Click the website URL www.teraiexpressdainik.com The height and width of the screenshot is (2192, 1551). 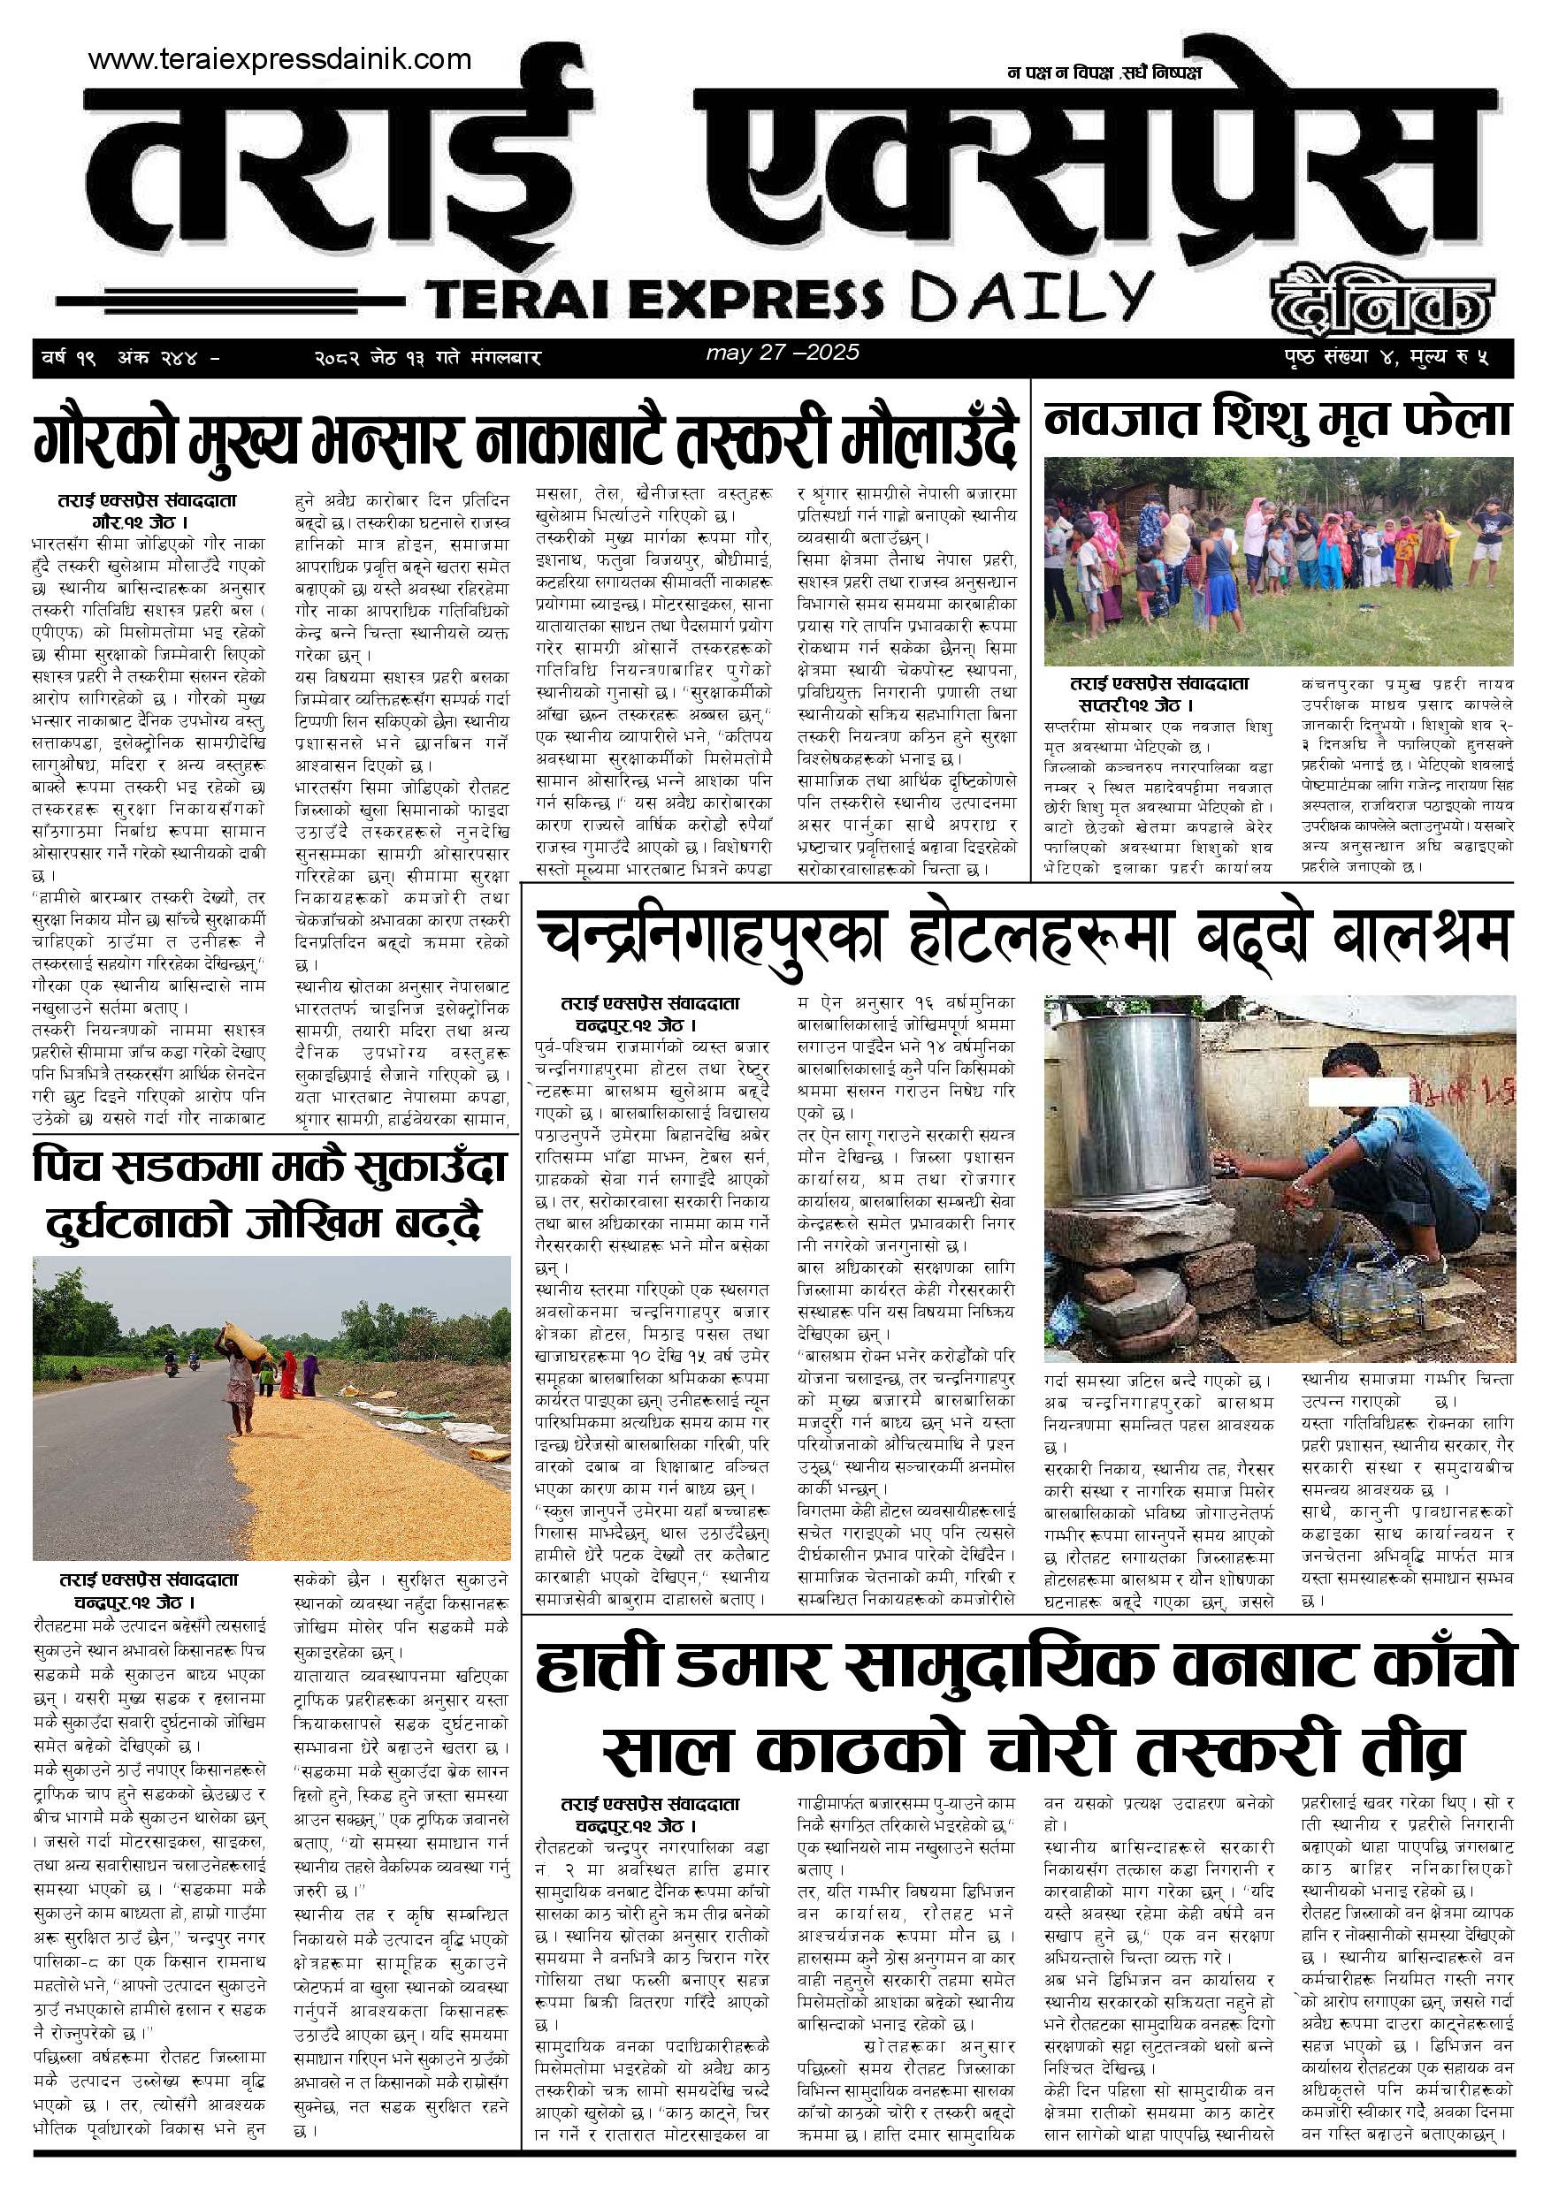[x=279, y=59]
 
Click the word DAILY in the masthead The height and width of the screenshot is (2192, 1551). [x=1031, y=298]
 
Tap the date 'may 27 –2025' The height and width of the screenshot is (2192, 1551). [x=783, y=353]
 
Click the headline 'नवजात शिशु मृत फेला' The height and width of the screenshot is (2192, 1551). [x=1278, y=419]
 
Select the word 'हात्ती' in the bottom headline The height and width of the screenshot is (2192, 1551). [x=598, y=1666]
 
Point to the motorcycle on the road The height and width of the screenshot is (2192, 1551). [x=171, y=1366]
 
